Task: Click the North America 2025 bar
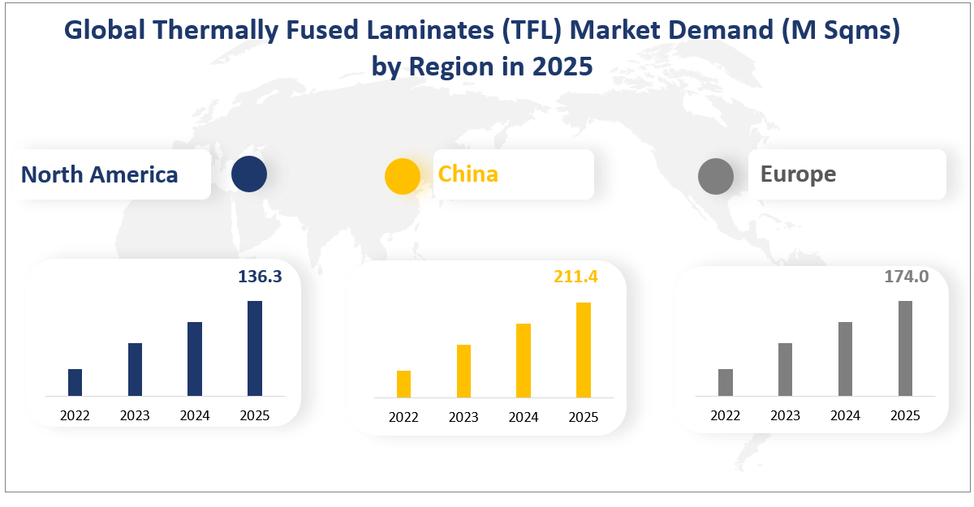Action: click(x=255, y=348)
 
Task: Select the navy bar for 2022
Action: click(x=75, y=382)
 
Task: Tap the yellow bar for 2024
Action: click(x=524, y=360)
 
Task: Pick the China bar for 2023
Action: click(x=463, y=371)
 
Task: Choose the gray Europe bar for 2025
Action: click(x=905, y=348)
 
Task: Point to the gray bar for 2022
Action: click(x=726, y=382)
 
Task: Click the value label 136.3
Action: click(x=260, y=277)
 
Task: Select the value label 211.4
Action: click(x=575, y=277)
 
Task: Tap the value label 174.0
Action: click(x=906, y=277)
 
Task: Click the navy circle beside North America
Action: click(x=249, y=174)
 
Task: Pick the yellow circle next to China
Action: click(x=402, y=176)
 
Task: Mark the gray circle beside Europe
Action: click(x=716, y=176)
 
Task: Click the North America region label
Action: click(x=99, y=174)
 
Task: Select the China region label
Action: click(x=468, y=174)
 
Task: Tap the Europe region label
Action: click(x=798, y=174)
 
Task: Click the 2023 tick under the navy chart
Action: click(x=135, y=416)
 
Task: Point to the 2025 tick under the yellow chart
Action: click(x=583, y=418)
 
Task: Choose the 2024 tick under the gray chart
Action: click(x=845, y=416)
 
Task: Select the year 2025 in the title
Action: click(x=562, y=67)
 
